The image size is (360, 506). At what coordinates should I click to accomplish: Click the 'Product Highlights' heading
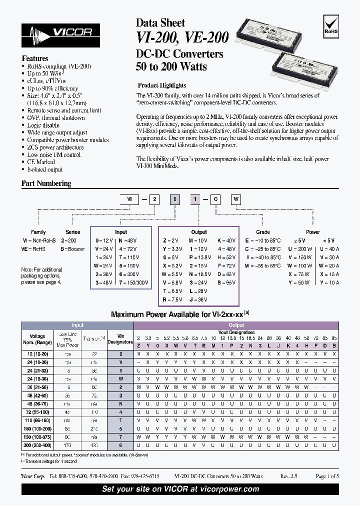tap(161, 85)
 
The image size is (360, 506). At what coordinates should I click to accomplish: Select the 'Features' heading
tap(35, 58)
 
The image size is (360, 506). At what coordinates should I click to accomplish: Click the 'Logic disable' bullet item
tap(43, 125)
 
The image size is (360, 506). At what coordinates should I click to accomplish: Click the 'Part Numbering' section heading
tap(46, 183)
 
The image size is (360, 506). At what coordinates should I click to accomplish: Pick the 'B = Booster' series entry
tap(72, 248)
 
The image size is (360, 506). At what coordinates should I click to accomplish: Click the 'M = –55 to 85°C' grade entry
tap(262, 265)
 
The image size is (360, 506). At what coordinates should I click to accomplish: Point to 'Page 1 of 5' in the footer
tap(327, 476)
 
